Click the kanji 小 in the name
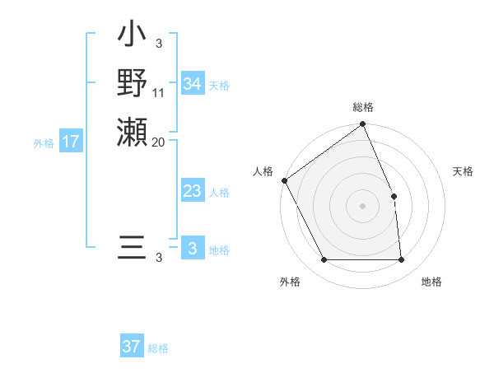pyautogui.click(x=132, y=36)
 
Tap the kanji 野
pyautogui.click(x=132, y=83)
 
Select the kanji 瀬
pyautogui.click(x=132, y=131)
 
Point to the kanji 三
pyautogui.click(x=132, y=248)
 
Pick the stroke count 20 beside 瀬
pyautogui.click(x=159, y=142)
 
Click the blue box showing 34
pyautogui.click(x=192, y=84)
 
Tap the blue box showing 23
pyautogui.click(x=192, y=191)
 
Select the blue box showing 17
pyautogui.click(x=71, y=142)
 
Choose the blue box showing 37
pyautogui.click(x=132, y=347)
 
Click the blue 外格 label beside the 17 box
pyautogui.click(x=44, y=142)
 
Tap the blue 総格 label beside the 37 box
pyautogui.click(x=158, y=348)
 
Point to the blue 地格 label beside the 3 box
pyautogui.click(x=219, y=250)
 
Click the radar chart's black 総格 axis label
pyautogui.click(x=362, y=108)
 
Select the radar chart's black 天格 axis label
pyautogui.click(x=463, y=171)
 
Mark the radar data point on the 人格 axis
pyautogui.click(x=284, y=180)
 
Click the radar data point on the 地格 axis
pyautogui.click(x=401, y=260)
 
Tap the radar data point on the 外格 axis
pyautogui.click(x=324, y=260)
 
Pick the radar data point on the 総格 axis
pyautogui.click(x=362, y=124)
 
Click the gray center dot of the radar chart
pyautogui.click(x=362, y=206)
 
